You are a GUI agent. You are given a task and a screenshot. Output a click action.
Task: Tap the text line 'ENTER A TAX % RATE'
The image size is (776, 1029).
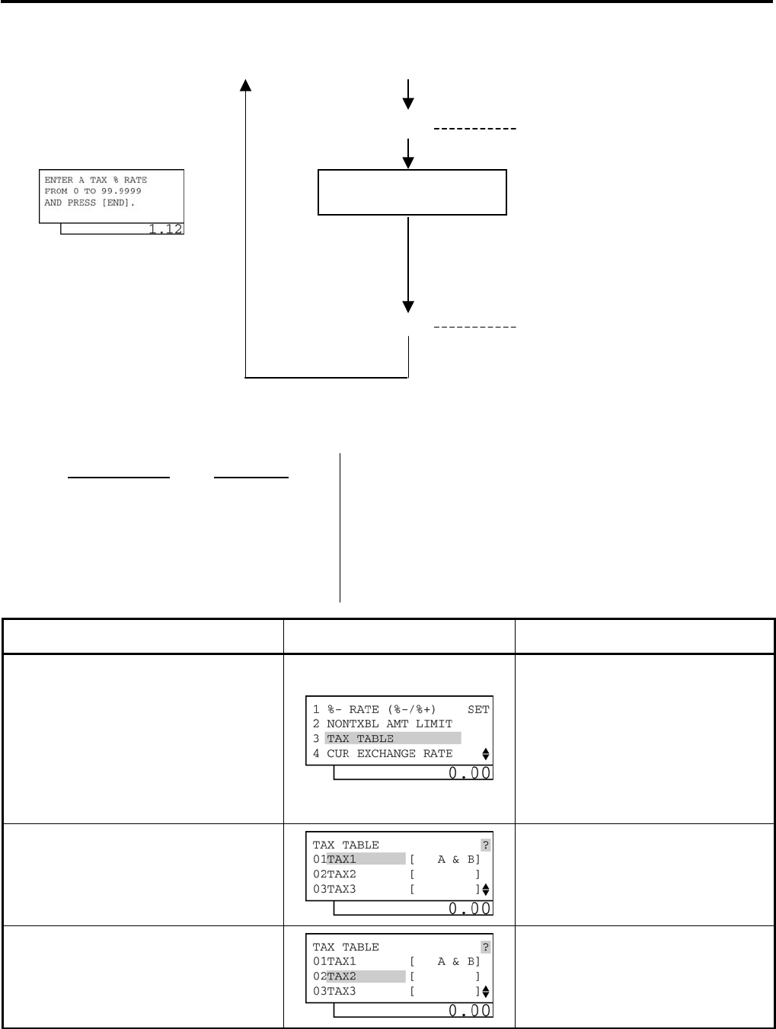tap(96, 181)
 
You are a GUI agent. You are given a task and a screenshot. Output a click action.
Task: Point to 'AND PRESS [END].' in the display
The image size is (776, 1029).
tap(90, 203)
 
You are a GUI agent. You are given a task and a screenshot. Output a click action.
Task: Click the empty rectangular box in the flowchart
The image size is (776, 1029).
tap(411, 192)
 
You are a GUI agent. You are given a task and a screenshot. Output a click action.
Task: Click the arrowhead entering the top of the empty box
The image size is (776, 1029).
tap(409, 162)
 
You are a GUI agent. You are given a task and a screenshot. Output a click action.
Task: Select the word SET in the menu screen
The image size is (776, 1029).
tap(478, 710)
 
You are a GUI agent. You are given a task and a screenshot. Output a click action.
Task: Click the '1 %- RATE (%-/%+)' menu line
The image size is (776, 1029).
tap(374, 710)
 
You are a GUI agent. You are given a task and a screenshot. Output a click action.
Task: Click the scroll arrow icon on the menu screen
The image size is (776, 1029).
tap(486, 754)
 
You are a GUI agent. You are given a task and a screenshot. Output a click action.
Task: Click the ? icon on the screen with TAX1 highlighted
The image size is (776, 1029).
tap(486, 845)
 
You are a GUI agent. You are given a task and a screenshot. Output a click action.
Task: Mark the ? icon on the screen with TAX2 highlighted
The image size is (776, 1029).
tap(486, 948)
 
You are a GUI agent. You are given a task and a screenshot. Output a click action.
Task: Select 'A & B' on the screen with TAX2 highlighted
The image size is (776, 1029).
tap(455, 962)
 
